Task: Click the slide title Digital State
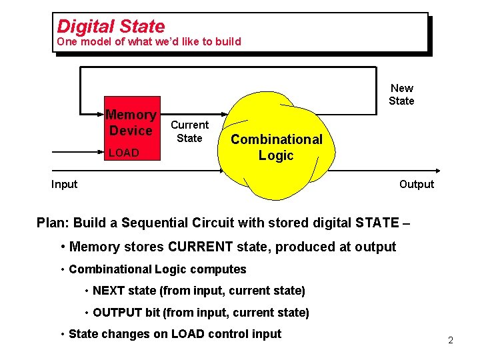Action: click(x=111, y=27)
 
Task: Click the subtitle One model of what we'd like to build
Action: click(x=149, y=42)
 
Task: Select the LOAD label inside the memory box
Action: click(x=123, y=153)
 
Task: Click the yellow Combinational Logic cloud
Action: click(x=276, y=147)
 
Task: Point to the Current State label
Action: click(x=189, y=131)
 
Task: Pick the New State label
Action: click(x=401, y=95)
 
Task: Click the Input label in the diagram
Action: click(x=64, y=185)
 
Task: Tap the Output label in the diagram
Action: click(x=416, y=185)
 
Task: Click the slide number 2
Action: click(x=451, y=341)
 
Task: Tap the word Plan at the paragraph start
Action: click(x=52, y=223)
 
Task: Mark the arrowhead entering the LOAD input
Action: click(x=101, y=153)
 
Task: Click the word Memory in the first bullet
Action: click(x=93, y=247)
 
